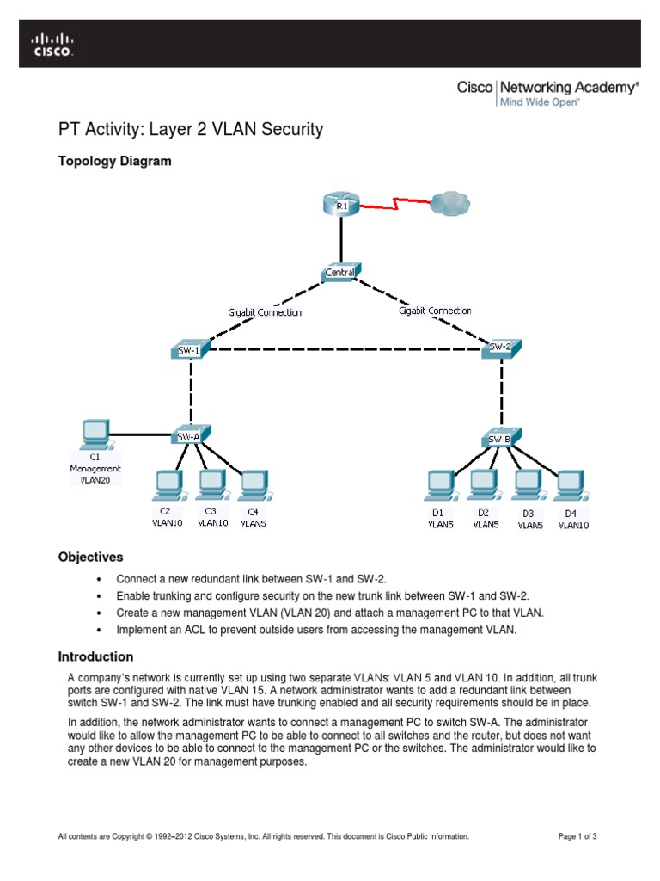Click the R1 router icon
(x=342, y=205)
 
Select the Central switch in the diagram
(x=341, y=273)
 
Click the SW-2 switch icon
(x=500, y=347)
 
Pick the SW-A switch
(x=190, y=435)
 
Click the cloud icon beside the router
(x=449, y=204)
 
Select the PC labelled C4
(x=253, y=485)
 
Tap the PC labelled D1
(x=439, y=486)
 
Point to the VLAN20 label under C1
(x=95, y=480)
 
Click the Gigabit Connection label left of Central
(x=265, y=313)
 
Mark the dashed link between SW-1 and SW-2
(x=344, y=349)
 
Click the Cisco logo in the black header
(x=53, y=45)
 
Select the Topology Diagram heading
(x=114, y=161)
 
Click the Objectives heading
(x=90, y=558)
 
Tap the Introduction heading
(x=95, y=656)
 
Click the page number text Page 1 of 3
(x=584, y=836)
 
